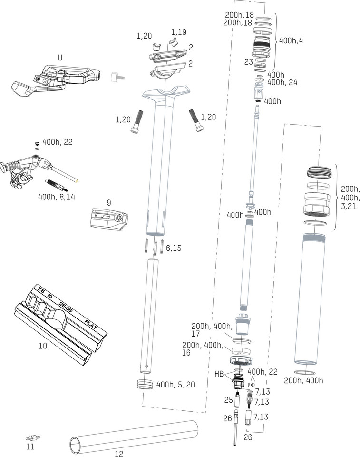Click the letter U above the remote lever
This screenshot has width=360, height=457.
60,58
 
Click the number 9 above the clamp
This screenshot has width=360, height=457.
109,202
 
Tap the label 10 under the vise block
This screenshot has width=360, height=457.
43,346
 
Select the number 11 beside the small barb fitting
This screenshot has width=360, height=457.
30,447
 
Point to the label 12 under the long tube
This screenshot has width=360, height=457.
119,454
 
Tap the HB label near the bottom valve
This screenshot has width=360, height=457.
219,374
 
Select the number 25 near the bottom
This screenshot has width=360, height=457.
229,400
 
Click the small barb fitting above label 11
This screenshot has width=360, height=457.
32,437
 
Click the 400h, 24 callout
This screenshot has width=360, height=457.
282,82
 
